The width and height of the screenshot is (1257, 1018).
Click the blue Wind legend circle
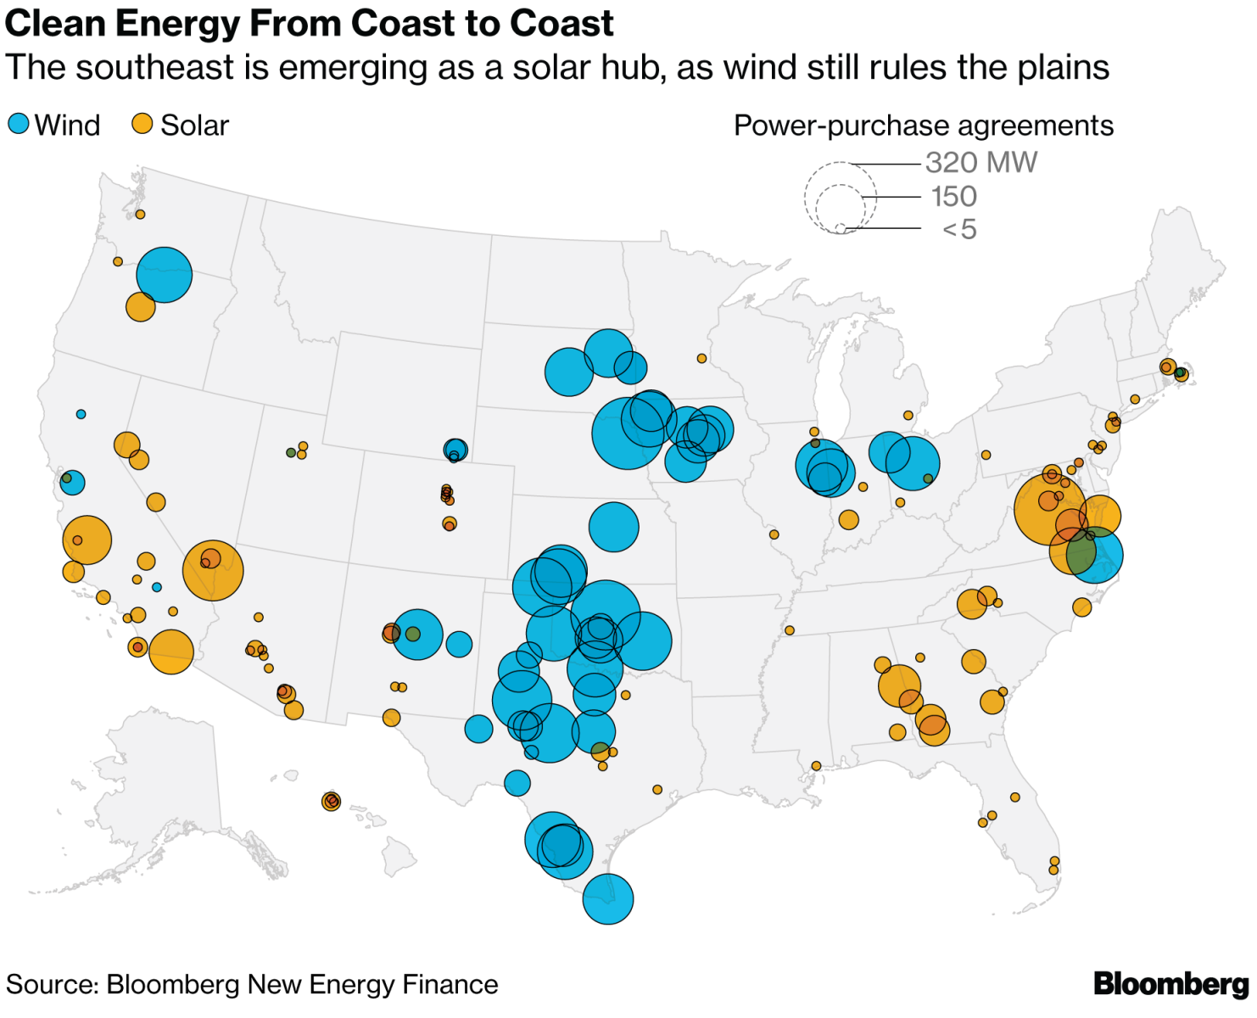19,124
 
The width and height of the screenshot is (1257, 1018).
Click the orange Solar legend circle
142,124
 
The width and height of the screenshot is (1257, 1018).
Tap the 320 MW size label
980,162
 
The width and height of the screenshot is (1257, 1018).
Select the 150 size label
953,197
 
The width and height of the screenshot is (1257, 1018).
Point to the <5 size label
959,229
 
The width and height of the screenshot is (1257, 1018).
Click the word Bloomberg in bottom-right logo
1170,984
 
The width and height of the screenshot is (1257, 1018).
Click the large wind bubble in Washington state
165,275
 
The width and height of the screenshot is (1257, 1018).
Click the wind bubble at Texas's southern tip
608,899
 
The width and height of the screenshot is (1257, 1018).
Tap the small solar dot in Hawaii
331,801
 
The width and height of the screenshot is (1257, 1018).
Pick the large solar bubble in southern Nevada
213,570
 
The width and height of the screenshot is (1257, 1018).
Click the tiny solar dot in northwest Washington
140,215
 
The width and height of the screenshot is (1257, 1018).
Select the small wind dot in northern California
81,414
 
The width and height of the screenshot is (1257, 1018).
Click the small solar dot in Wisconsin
701,359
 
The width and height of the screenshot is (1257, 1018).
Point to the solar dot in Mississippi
789,630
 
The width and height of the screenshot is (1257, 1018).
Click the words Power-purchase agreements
923,126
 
